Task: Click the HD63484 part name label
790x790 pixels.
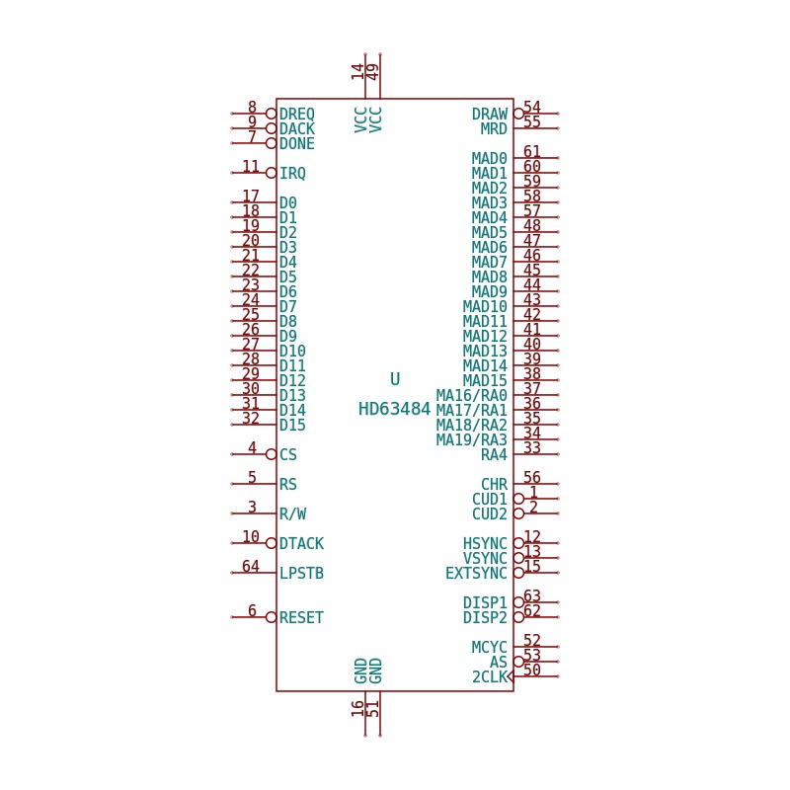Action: (394, 409)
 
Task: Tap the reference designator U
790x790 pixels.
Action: (395, 379)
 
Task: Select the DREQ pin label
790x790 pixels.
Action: (297, 114)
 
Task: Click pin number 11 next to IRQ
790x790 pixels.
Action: (251, 166)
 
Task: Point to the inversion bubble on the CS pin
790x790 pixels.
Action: (271, 454)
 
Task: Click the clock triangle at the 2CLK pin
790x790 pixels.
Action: (511, 676)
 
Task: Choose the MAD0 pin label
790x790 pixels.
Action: (489, 158)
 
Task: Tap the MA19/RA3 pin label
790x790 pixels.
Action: (472, 439)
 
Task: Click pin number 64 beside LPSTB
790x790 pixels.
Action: (251, 566)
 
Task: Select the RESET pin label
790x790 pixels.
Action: (301, 618)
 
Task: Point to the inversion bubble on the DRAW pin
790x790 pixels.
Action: (519, 114)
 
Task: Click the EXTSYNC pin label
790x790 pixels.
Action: (476, 574)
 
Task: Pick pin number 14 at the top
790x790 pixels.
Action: (357, 71)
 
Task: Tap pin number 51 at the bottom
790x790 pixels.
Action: (373, 709)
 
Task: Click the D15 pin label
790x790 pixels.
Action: (292, 426)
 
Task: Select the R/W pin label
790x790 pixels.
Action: (292, 513)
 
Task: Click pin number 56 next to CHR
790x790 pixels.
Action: (532, 477)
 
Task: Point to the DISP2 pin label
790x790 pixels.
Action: (485, 618)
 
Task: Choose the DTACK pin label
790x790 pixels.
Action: (301, 544)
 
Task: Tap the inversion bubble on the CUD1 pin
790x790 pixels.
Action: (519, 499)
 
